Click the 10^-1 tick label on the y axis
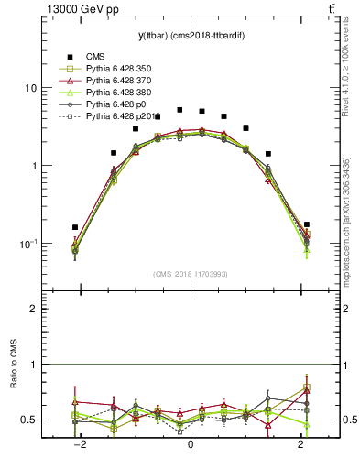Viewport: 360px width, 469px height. pos(27,244)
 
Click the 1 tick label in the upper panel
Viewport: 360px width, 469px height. pos(33,166)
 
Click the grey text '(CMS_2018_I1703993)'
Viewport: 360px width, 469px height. pos(190,274)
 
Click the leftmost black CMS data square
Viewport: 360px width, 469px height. pos(75,227)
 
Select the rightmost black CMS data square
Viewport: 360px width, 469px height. pos(306,224)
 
